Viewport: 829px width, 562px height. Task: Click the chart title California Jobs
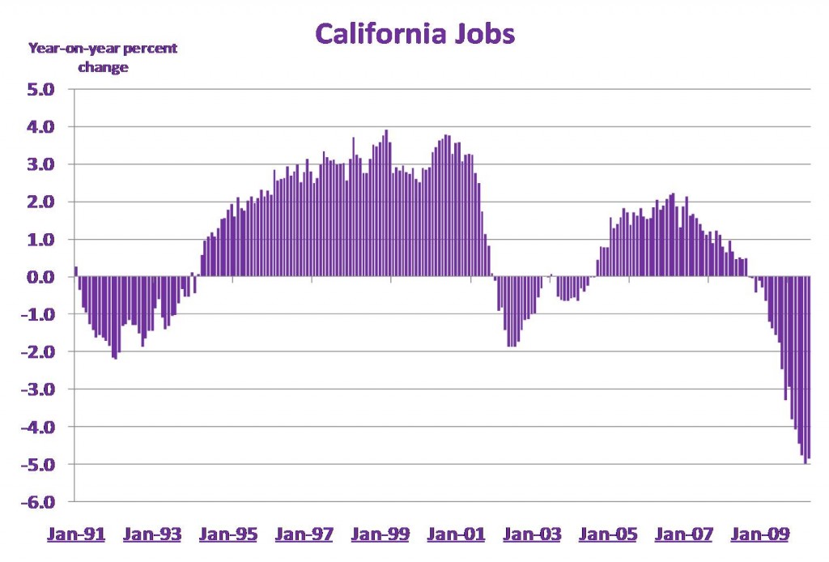[x=414, y=34]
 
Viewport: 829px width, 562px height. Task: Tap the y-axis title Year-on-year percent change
[x=103, y=57]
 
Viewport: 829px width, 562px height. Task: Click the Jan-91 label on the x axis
[x=76, y=534]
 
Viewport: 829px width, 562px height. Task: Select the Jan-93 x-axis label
[x=153, y=534]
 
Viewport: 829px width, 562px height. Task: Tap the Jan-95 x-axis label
[x=229, y=534]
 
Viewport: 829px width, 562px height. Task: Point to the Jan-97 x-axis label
[x=305, y=534]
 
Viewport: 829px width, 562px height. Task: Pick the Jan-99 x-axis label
[x=381, y=534]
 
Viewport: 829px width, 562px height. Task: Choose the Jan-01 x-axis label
[x=457, y=534]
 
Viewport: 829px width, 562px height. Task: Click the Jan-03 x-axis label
[x=533, y=534]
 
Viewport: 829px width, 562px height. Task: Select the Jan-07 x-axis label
[x=684, y=534]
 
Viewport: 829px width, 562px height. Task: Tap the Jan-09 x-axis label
[x=760, y=534]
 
